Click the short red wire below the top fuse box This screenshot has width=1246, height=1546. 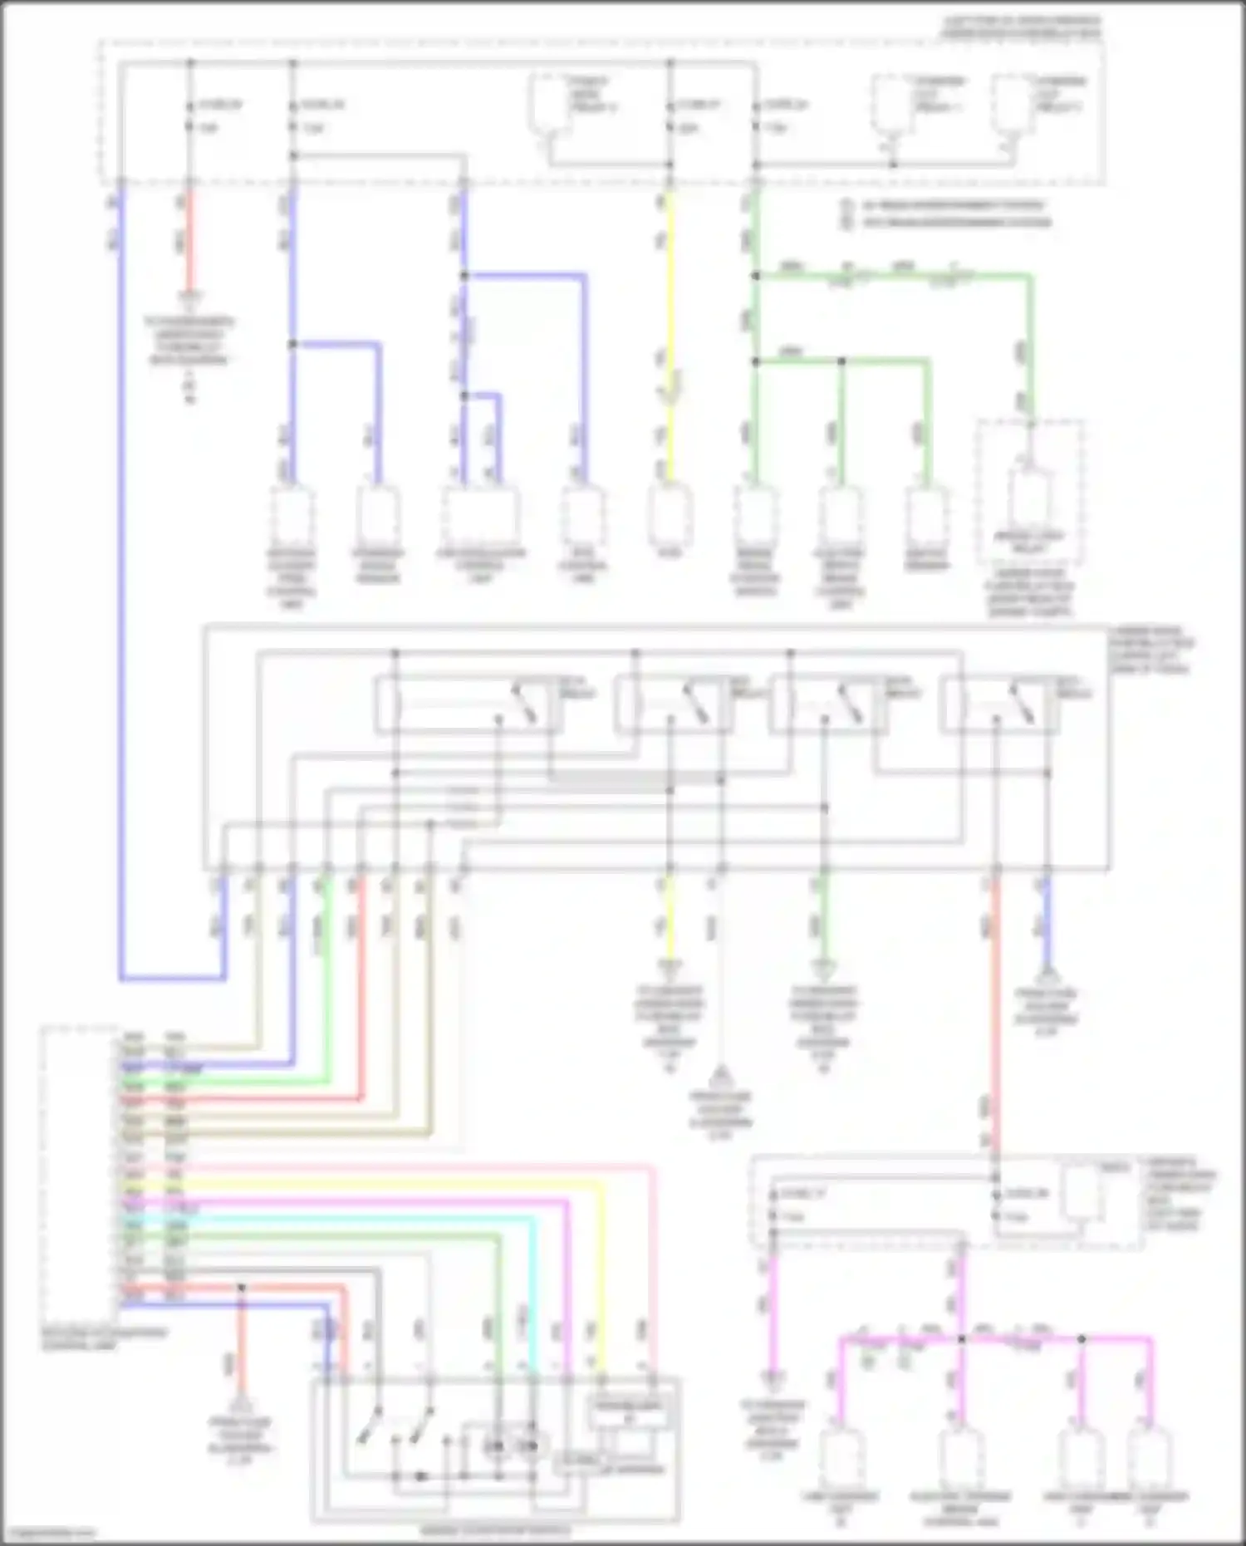pyautogui.click(x=189, y=241)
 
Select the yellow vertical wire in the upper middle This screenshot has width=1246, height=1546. pyautogui.click(x=669, y=332)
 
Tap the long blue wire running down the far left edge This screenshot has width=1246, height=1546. pyautogui.click(x=121, y=582)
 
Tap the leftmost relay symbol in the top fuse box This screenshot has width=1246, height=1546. pyautogui.click(x=550, y=104)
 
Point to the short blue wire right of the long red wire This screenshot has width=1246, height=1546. pyautogui.click(x=1047, y=922)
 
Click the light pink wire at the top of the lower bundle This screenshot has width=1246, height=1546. pyautogui.click(x=415, y=1168)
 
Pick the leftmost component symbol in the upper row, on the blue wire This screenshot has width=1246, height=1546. pyautogui.click(x=292, y=515)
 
